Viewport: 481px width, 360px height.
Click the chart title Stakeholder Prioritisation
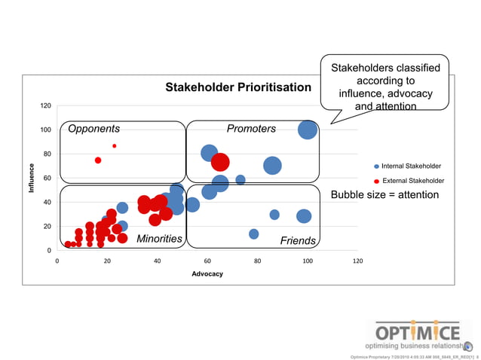pyautogui.click(x=238, y=87)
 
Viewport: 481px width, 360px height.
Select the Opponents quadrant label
pyautogui.click(x=94, y=129)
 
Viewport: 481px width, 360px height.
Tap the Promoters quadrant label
pyautogui.click(x=251, y=129)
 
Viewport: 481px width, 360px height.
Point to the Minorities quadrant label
pyautogui.click(x=159, y=239)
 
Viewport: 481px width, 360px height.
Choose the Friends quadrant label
pyautogui.click(x=298, y=241)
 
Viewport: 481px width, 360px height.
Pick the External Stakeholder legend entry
pyautogui.click(x=412, y=181)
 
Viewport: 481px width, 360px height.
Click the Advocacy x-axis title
pyautogui.click(x=207, y=273)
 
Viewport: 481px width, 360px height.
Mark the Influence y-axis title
pyautogui.click(x=32, y=178)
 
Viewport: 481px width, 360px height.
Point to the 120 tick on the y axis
pyautogui.click(x=46, y=105)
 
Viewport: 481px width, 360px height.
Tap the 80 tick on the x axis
pyautogui.click(x=258, y=261)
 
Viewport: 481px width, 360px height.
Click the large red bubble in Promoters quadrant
pyautogui.click(x=220, y=162)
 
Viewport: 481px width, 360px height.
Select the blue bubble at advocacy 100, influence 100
pyautogui.click(x=307, y=130)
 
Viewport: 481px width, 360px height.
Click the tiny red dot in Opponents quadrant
pyautogui.click(x=115, y=146)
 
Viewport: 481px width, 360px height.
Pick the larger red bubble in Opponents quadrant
pyautogui.click(x=98, y=160)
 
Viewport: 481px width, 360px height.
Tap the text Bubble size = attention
pyautogui.click(x=384, y=195)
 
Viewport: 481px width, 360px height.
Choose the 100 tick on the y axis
pyautogui.click(x=46, y=130)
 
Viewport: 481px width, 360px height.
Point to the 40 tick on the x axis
pyautogui.click(x=158, y=261)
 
